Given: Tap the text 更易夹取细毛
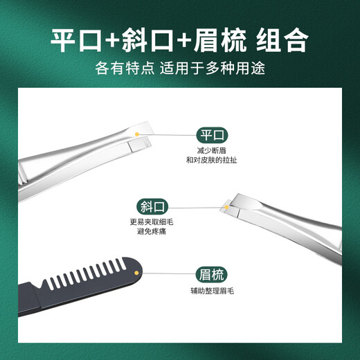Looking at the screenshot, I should [147, 222].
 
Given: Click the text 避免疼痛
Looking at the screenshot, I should [147, 232].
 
